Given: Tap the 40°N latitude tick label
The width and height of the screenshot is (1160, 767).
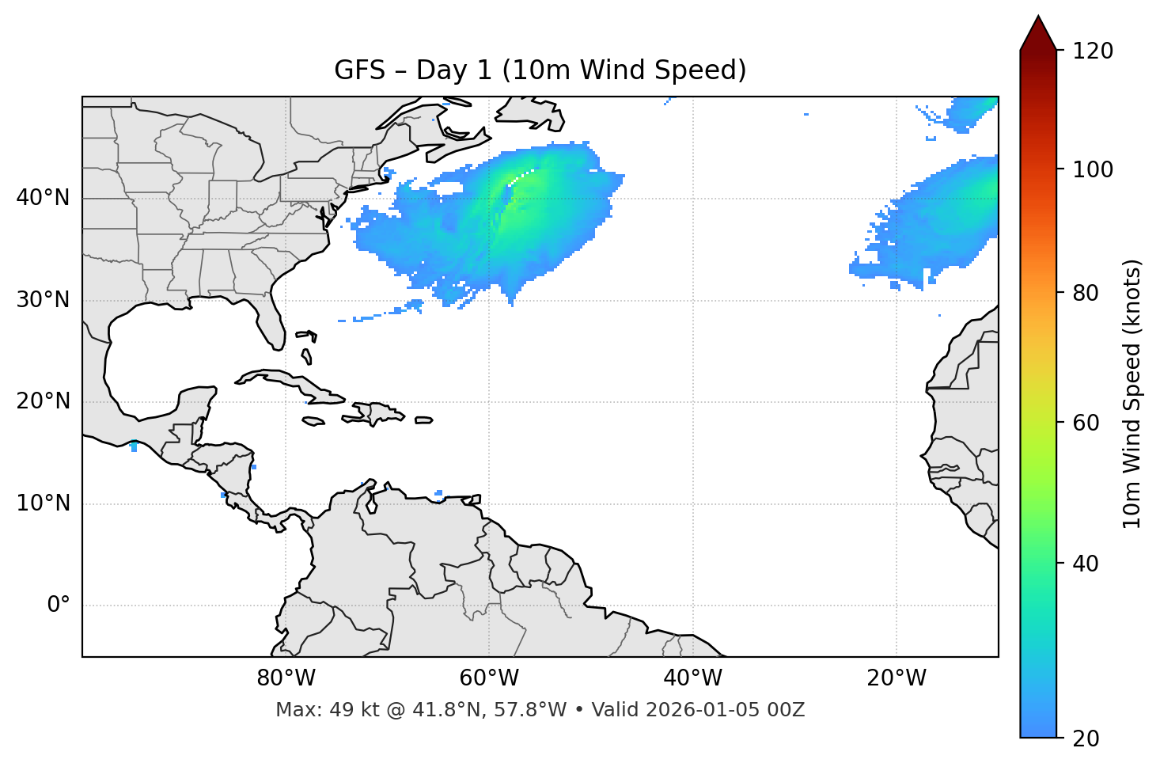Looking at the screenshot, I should [x=43, y=198].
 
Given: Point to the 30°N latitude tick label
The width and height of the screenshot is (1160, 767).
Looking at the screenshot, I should [x=43, y=300].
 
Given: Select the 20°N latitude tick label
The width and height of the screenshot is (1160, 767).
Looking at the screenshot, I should [x=43, y=401].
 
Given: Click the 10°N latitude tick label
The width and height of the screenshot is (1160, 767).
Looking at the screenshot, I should [x=43, y=503].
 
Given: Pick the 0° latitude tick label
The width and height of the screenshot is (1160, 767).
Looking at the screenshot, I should [x=59, y=606].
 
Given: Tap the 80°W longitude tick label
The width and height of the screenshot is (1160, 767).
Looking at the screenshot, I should [x=286, y=678].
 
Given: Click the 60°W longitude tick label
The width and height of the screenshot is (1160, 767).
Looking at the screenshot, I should [x=489, y=678].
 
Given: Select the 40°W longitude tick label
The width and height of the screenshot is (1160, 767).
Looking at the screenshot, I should [x=692, y=678].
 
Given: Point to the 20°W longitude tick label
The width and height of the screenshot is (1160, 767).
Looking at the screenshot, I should [x=896, y=678].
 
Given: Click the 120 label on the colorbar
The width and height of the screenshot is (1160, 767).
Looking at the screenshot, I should [x=1092, y=51].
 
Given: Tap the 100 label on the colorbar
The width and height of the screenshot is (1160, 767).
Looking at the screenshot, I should [x=1092, y=169].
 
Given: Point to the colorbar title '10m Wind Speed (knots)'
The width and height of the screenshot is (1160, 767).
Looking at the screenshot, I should [x=1132, y=393].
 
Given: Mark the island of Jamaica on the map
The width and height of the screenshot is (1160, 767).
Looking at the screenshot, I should [x=313, y=421].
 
